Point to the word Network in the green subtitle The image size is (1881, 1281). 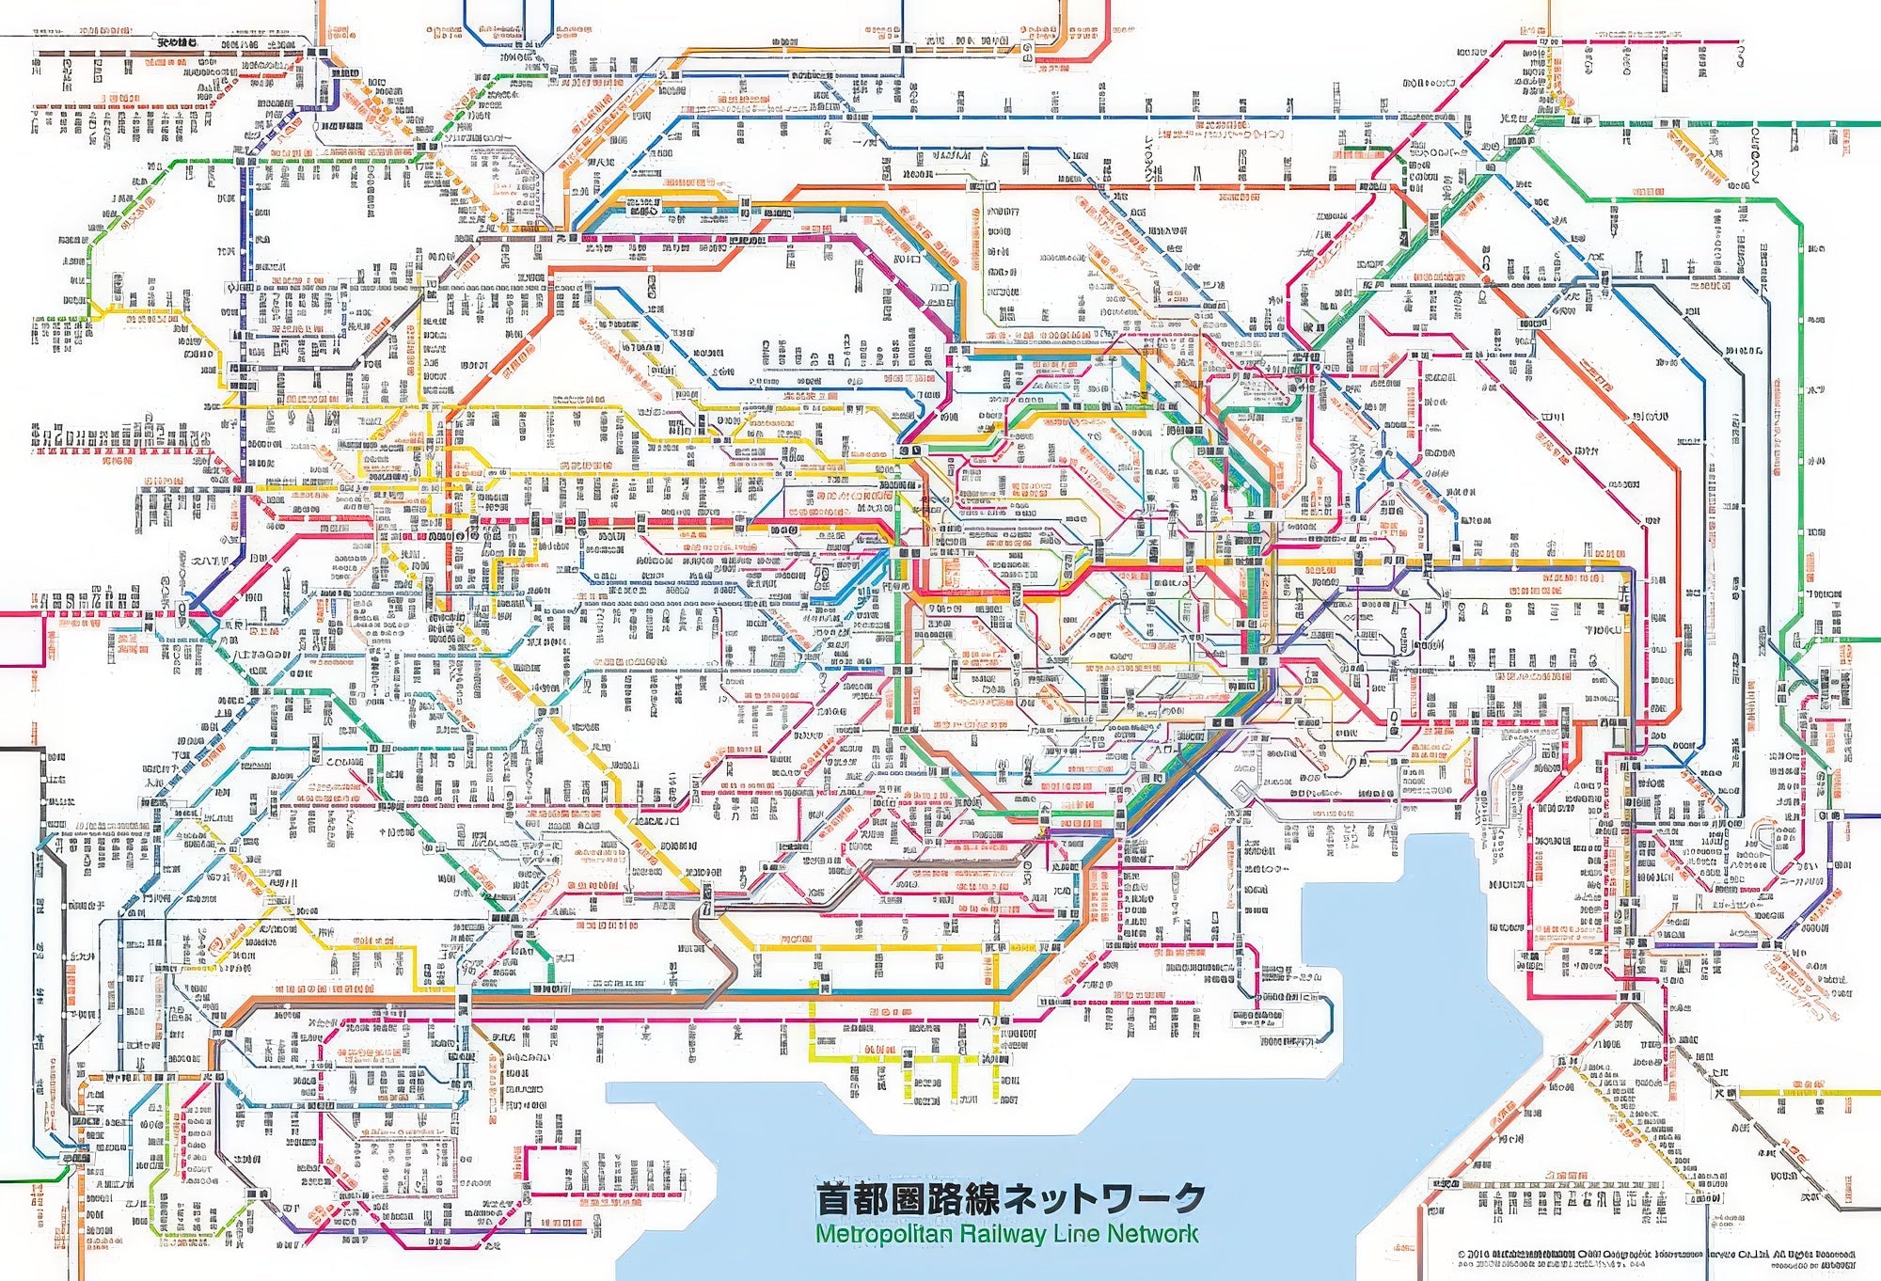pos(1151,1234)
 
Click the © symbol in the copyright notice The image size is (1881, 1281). pos(1461,1255)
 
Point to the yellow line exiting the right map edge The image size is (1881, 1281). pos(1843,1093)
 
